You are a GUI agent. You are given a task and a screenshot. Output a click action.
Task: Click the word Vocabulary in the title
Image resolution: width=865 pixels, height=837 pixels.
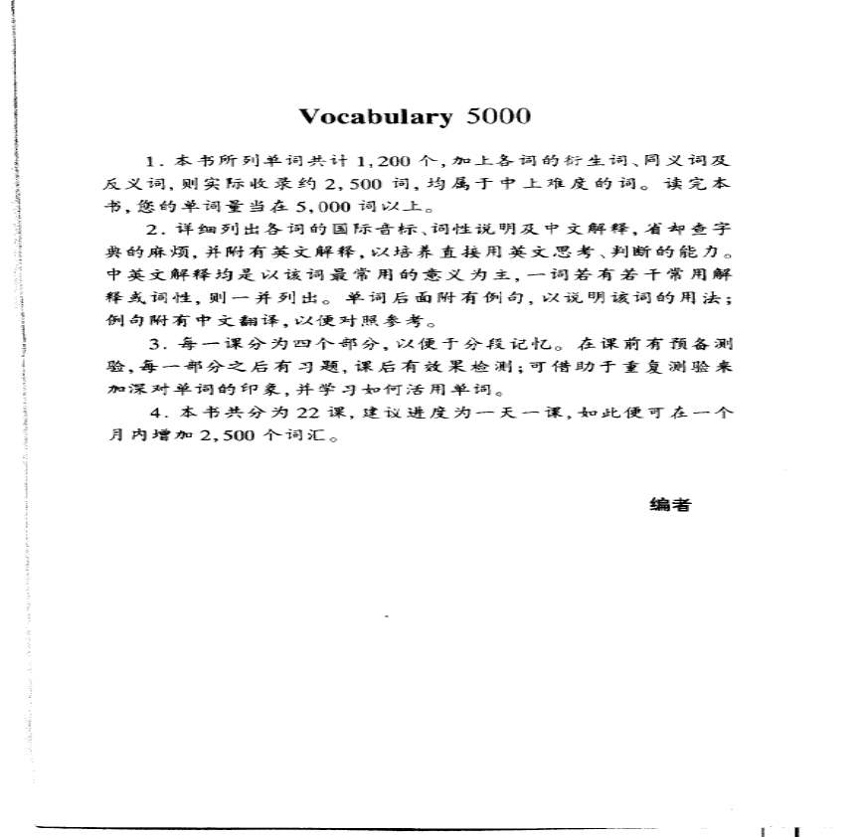tap(376, 116)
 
